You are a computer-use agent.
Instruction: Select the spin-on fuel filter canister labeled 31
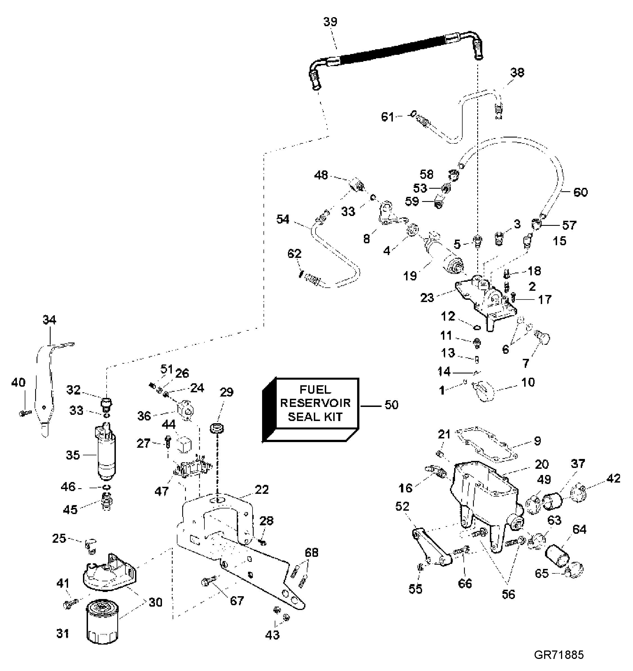point(102,620)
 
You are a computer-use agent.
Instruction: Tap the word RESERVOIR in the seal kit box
point(315,403)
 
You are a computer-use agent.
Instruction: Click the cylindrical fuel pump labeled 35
point(106,452)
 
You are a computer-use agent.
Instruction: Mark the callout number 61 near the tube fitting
point(388,117)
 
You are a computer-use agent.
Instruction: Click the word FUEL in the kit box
point(315,390)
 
